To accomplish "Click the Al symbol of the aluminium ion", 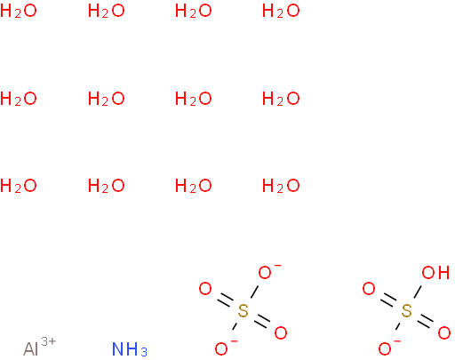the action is point(31,348).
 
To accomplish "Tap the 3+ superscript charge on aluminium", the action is point(48,341).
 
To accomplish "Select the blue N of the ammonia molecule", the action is point(118,348).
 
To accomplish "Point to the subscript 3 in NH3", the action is point(144,352).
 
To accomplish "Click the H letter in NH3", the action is point(132,348).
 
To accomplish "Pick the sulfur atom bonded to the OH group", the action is point(406,310).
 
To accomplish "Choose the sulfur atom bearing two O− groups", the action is point(243,310).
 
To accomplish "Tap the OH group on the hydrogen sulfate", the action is point(435,272).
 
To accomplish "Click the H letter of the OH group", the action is point(443,272).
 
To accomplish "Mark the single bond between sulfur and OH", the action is point(418,292).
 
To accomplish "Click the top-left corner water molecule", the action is point(19,11).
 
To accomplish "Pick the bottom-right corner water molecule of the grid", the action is point(281,186).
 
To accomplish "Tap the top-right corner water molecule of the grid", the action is point(281,11).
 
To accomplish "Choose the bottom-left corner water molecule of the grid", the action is point(19,186).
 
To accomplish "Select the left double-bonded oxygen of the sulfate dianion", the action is point(205,289).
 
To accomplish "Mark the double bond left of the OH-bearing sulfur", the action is point(388,300).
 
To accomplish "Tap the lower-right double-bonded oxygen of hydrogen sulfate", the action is point(444,332).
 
